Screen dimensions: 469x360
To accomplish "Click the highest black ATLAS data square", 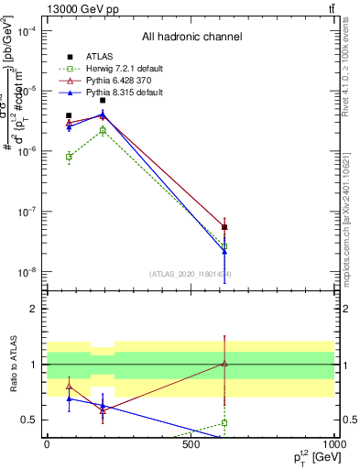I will coord(103,100).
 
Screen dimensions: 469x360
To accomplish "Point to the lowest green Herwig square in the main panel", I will coord(224,245).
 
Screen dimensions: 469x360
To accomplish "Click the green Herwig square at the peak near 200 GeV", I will coord(103,130).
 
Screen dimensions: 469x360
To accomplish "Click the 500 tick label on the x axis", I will coord(191,443).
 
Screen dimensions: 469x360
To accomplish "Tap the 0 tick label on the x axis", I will coord(47,443).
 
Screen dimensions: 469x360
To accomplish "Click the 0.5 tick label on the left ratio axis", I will coord(28,420).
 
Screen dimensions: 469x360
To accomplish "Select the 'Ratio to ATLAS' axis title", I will coord(12,364).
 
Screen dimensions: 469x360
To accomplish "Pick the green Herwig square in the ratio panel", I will coord(224,423).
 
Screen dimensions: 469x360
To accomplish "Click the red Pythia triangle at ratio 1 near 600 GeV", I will coord(224,364).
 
